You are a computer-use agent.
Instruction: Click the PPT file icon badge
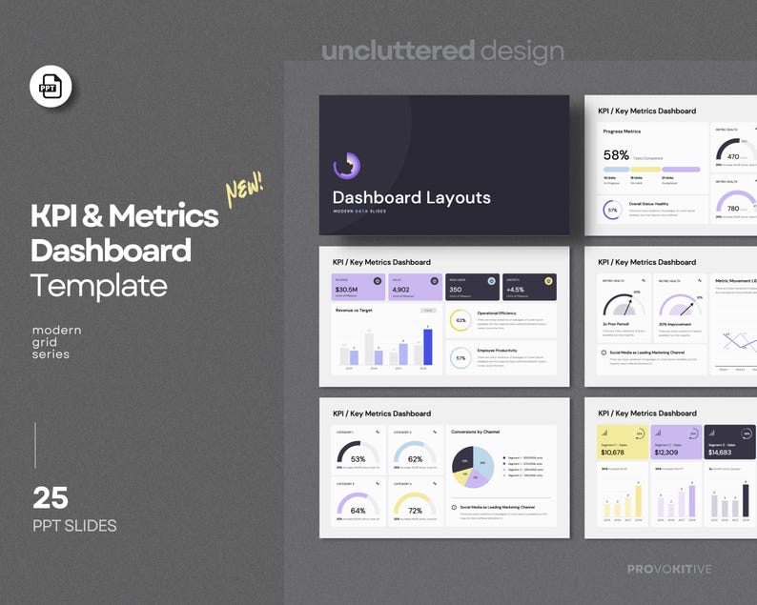(x=51, y=88)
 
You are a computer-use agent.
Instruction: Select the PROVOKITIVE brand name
(x=669, y=569)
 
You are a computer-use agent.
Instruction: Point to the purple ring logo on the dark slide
(x=346, y=165)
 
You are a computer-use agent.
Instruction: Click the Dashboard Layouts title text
(x=411, y=197)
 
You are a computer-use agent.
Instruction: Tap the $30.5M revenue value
(x=347, y=290)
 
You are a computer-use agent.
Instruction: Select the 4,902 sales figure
(x=400, y=290)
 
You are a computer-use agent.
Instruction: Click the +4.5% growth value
(x=516, y=290)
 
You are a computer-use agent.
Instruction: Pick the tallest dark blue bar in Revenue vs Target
(x=427, y=346)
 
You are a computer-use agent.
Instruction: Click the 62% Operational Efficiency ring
(x=460, y=320)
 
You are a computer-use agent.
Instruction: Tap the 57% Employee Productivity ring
(x=460, y=358)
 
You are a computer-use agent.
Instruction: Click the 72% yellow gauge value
(x=415, y=511)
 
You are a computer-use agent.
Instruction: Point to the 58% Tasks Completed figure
(x=616, y=154)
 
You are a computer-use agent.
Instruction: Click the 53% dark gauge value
(x=358, y=459)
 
